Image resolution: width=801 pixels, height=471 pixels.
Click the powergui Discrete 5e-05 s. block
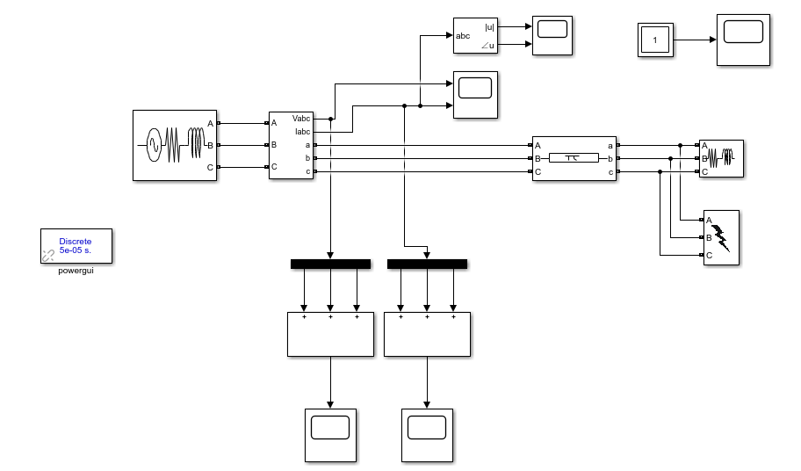tap(76, 246)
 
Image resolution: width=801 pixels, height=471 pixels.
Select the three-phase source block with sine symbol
tap(175, 145)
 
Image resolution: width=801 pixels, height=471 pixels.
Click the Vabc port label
tap(301, 118)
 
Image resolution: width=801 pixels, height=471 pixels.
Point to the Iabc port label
tap(302, 130)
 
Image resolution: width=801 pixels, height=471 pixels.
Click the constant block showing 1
tap(654, 40)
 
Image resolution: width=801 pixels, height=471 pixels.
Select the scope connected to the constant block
tap(744, 40)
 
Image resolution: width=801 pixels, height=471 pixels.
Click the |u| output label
tap(489, 27)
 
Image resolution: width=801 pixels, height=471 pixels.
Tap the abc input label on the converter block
tap(463, 36)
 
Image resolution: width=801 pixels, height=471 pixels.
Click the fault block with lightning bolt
tap(720, 237)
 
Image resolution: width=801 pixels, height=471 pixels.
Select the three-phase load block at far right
tap(720, 158)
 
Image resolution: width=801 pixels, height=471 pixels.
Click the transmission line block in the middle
tap(574, 158)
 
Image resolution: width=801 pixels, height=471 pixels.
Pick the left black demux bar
tap(330, 264)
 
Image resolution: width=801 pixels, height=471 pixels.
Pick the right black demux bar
tap(427, 264)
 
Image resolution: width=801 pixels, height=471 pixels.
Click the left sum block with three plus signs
tap(330, 334)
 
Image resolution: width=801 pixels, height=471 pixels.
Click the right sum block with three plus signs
tap(427, 334)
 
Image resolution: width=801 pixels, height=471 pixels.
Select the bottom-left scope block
tap(330, 435)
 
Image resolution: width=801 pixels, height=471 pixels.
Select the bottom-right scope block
tap(427, 435)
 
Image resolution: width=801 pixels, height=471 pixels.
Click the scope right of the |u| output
tap(552, 35)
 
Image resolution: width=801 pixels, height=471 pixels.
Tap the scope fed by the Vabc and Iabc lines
tap(474, 95)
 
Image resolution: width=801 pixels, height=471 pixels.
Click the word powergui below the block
tap(76, 272)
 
